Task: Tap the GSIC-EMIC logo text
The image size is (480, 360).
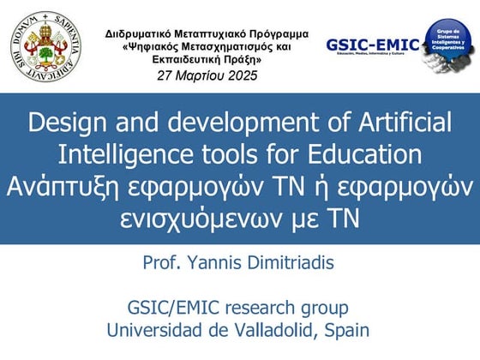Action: click(x=372, y=45)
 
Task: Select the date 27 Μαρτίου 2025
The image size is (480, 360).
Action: click(x=207, y=75)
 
